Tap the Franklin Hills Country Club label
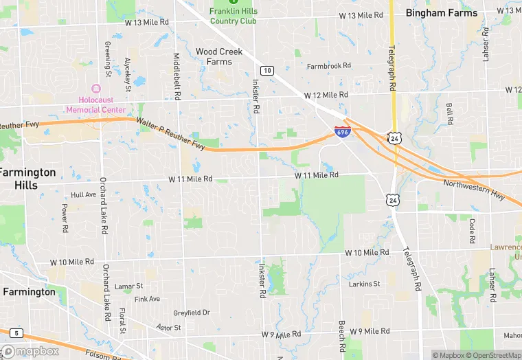233,16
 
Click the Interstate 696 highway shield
343,131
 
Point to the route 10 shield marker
267,71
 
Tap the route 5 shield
16,333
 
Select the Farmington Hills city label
27,179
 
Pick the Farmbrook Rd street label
328,66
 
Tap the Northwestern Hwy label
473,189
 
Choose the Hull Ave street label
83,194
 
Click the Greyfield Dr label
191,313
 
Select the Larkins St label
364,284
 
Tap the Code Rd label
472,231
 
